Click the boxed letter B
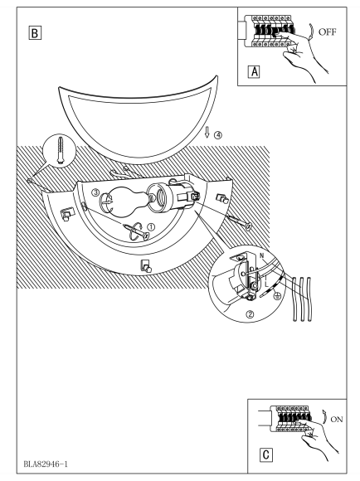[x=35, y=33]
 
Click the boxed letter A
[x=254, y=72]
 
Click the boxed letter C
[x=265, y=454]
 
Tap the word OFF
[x=327, y=32]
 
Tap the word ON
[x=337, y=420]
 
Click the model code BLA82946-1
[x=46, y=464]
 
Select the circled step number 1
[x=151, y=227]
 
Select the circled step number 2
[x=251, y=314]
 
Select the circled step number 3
[x=95, y=192]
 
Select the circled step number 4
[x=218, y=134]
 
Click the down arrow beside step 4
[x=207, y=133]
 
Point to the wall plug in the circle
[x=61, y=150]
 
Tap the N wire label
[x=262, y=255]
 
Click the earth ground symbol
[x=277, y=296]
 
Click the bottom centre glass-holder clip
[x=145, y=266]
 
